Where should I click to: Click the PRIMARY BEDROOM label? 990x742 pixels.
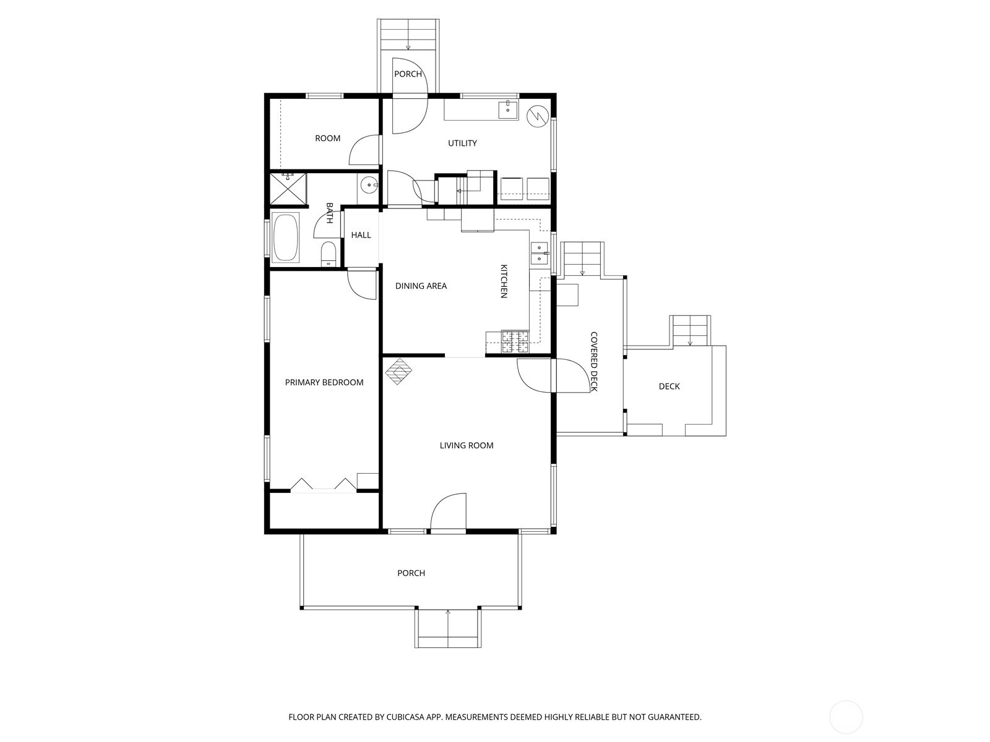point(324,383)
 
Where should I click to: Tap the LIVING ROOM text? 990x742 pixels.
point(467,445)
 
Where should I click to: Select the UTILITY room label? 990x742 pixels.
point(462,143)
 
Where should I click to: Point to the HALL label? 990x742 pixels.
point(361,235)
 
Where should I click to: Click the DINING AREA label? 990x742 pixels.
point(421,286)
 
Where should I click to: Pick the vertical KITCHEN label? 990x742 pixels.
point(504,281)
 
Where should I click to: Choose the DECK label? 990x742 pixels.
point(669,386)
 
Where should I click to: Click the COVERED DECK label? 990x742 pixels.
point(593,362)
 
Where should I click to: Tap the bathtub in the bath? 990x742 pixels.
point(285,237)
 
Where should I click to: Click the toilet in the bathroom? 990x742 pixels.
point(329,254)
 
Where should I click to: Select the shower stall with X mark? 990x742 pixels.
point(288,189)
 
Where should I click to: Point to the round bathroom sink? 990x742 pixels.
point(369,184)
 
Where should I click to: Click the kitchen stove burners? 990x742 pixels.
point(515,342)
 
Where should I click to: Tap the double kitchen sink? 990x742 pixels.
point(539,253)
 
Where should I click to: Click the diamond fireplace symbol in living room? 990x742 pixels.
point(399,372)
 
